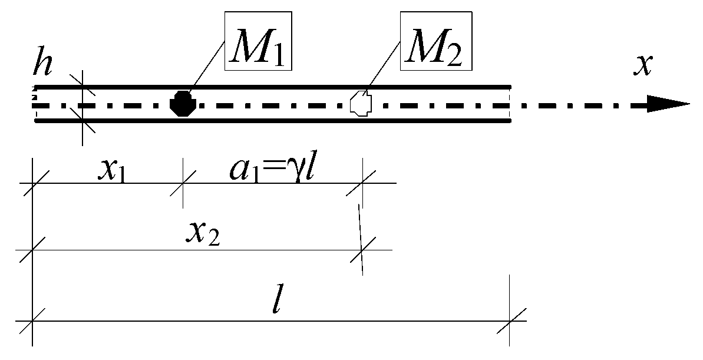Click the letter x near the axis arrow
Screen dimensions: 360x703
coord(642,67)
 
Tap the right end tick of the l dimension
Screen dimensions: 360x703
coord(510,321)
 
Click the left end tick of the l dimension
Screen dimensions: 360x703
coord(32,321)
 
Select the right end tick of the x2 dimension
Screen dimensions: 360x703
coord(361,250)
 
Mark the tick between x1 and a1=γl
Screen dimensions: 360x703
coord(183,183)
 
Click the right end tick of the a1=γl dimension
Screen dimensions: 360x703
coord(362,183)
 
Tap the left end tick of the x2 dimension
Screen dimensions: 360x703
coord(32,250)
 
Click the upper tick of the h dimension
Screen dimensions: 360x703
coord(82,86)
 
